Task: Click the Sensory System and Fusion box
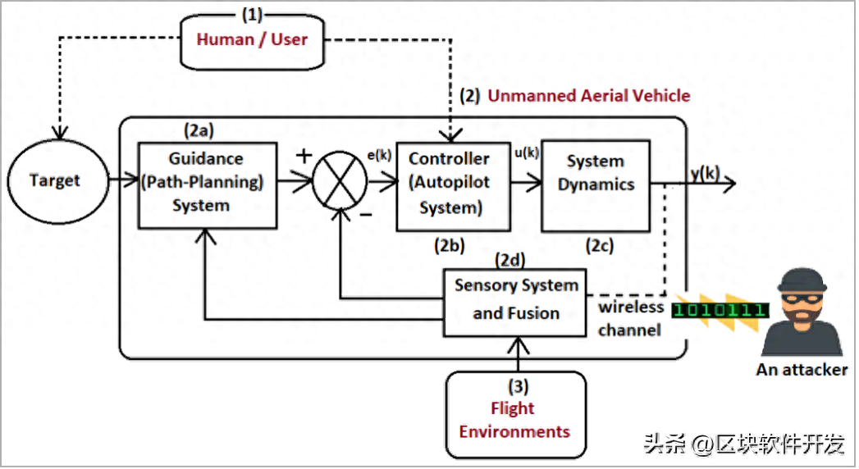(x=515, y=300)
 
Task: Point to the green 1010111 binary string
(x=720, y=310)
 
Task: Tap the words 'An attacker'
(x=801, y=370)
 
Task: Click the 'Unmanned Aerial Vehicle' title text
(x=588, y=96)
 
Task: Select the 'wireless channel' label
(x=630, y=319)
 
